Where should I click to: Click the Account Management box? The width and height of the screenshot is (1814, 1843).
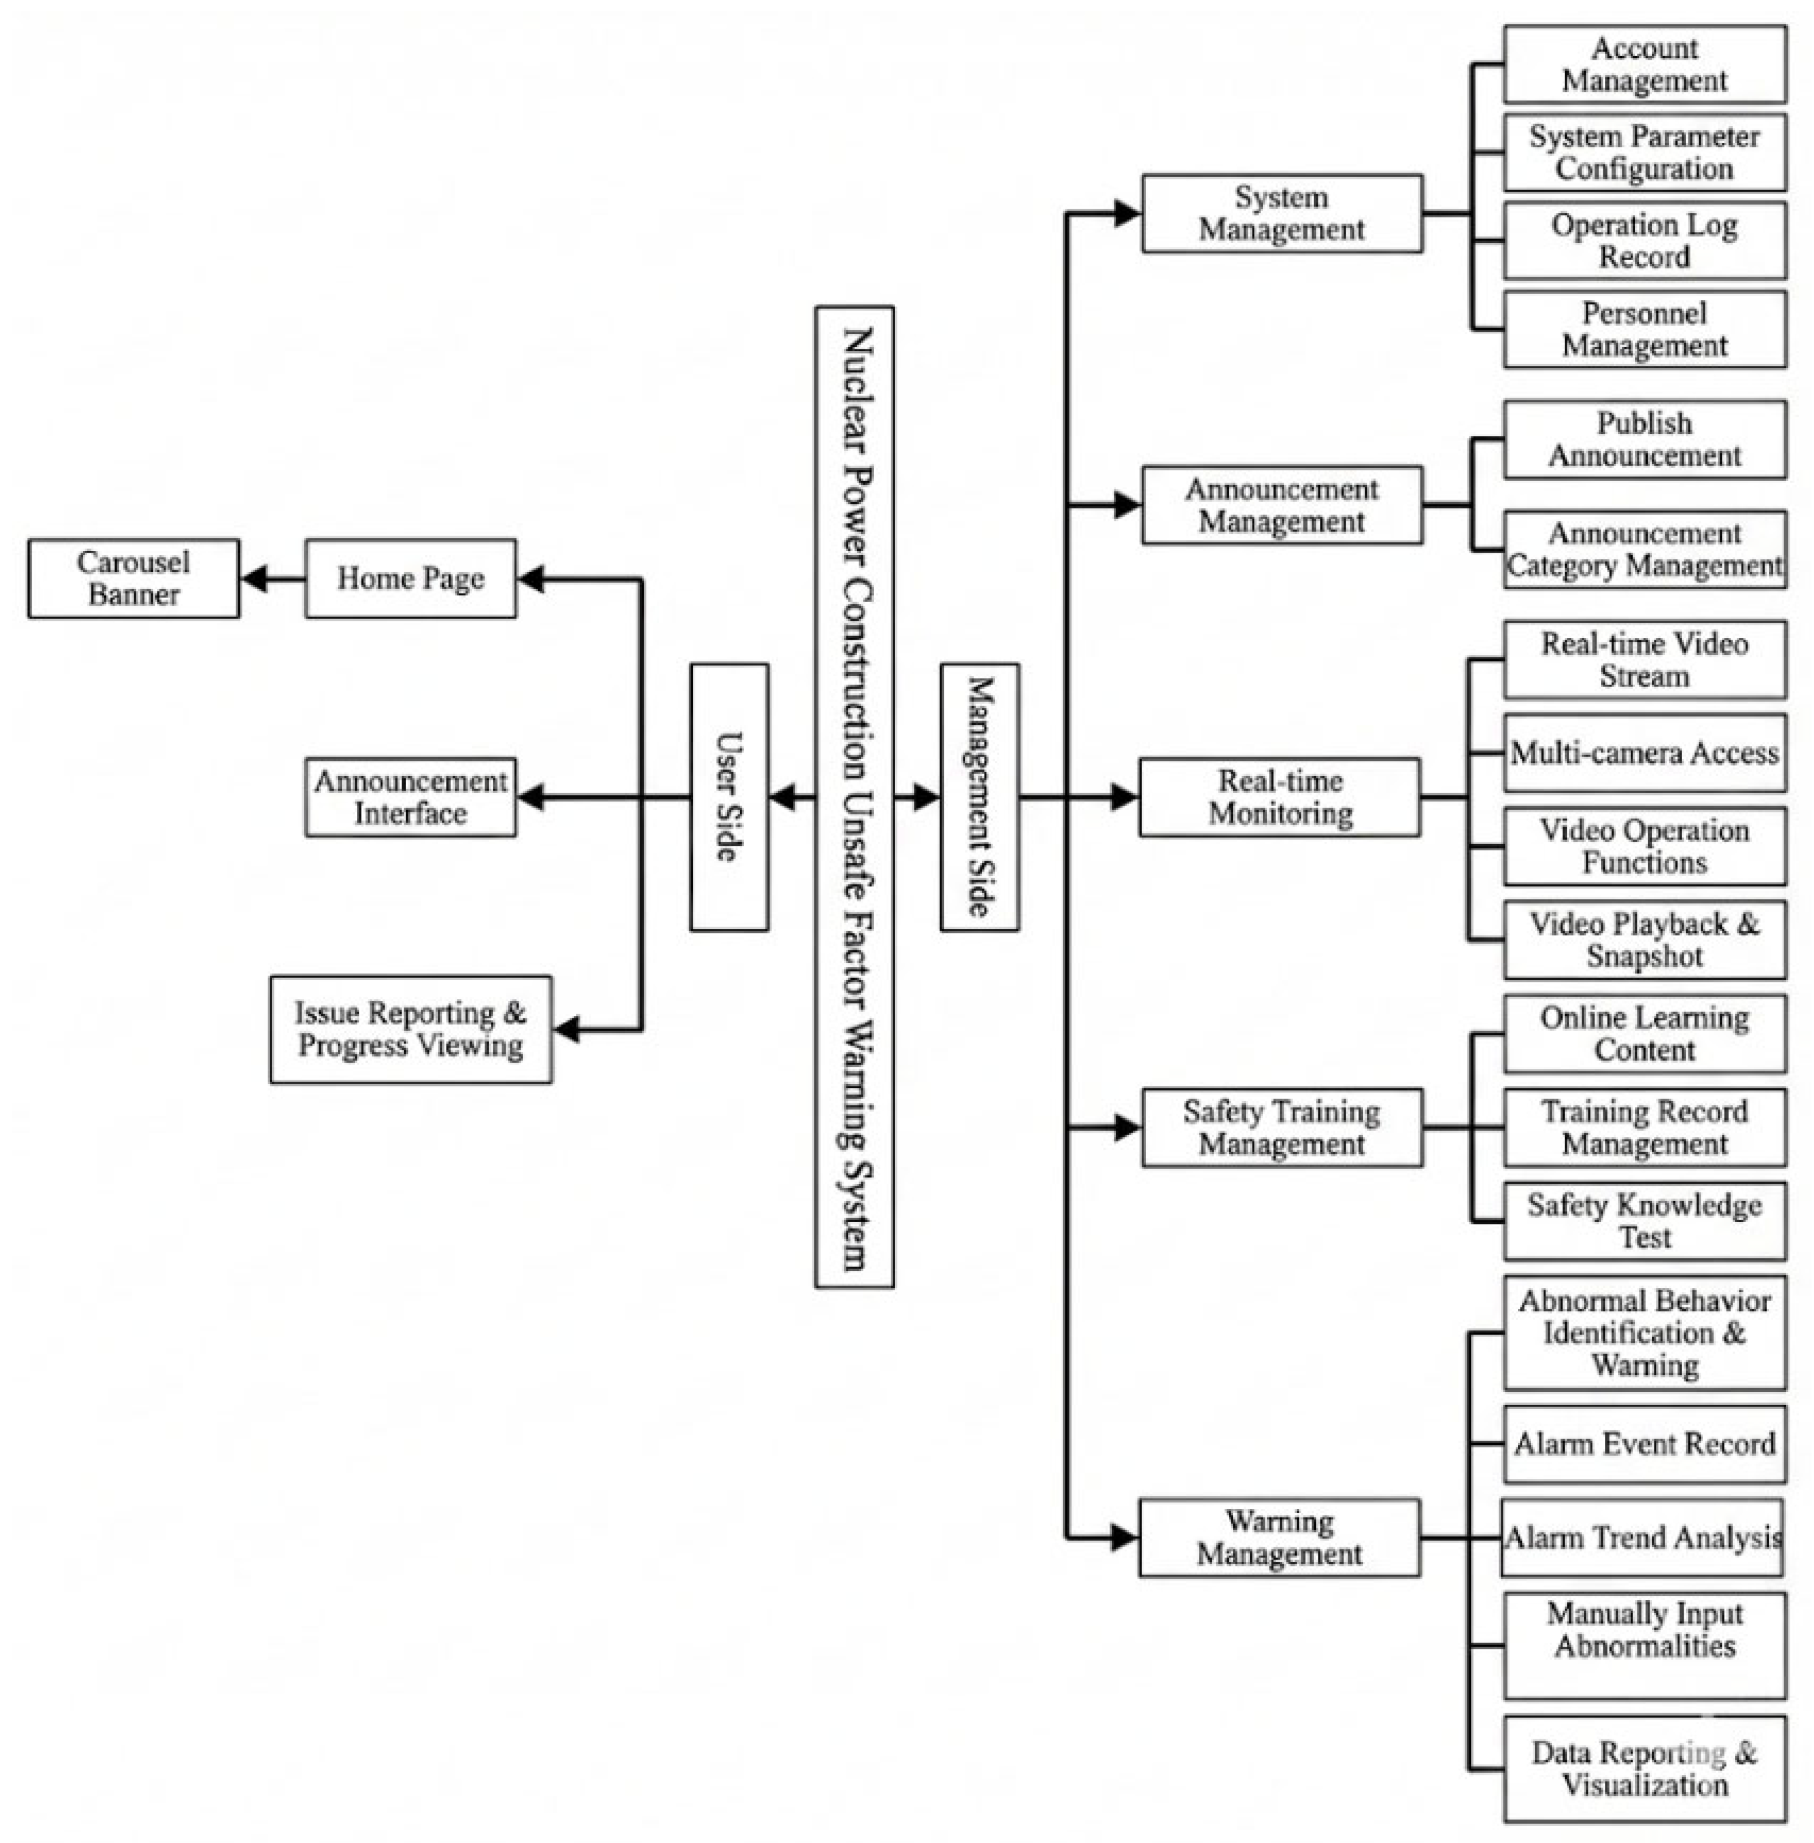(x=1645, y=64)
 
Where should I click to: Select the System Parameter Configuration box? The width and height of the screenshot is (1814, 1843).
(x=1645, y=152)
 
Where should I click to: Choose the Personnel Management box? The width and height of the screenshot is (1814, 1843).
(x=1645, y=329)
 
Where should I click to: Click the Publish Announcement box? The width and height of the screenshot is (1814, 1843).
(x=1645, y=439)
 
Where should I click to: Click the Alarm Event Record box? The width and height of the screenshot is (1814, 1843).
(x=1645, y=1444)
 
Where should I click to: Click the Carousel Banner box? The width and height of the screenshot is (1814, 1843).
(x=133, y=578)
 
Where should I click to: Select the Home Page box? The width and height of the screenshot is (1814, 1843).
(x=410, y=578)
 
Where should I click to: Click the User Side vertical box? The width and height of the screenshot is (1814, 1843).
(x=729, y=797)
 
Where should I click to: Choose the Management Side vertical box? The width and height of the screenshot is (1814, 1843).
(x=979, y=797)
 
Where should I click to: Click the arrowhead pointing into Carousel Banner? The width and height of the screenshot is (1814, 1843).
(x=253, y=578)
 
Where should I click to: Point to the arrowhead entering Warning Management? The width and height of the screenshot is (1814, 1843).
(x=1126, y=1537)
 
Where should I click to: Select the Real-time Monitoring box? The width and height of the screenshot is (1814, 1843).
(x=1279, y=797)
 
